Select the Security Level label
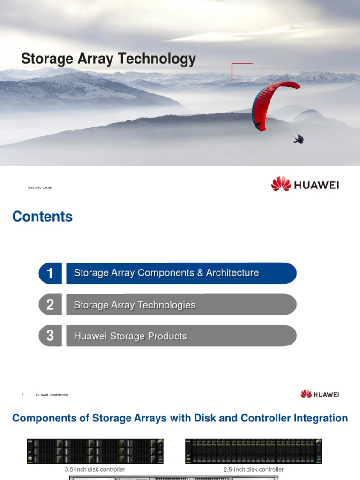click(40, 187)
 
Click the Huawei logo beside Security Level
click(305, 184)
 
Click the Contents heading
click(42, 217)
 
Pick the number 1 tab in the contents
click(50, 273)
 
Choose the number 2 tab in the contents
click(50, 305)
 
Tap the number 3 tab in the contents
click(50, 336)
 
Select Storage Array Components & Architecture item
click(166, 273)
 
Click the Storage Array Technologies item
click(135, 305)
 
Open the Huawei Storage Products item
click(130, 337)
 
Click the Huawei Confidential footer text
click(52, 395)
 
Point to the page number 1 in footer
click(22, 395)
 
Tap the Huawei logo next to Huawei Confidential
click(320, 394)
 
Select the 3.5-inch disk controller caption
click(95, 469)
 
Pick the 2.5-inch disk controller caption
click(254, 469)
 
